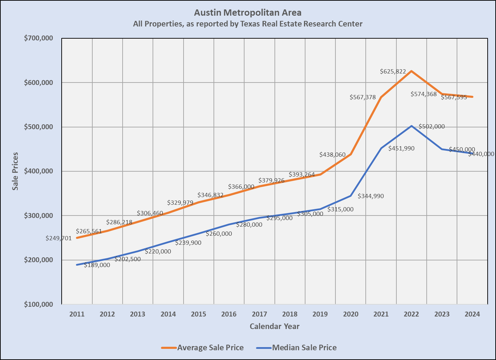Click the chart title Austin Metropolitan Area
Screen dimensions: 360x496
click(x=248, y=13)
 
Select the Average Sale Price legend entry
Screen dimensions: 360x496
click(x=210, y=347)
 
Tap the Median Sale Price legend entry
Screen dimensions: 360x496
click(x=304, y=347)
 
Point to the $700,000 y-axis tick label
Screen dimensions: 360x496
click(x=38, y=38)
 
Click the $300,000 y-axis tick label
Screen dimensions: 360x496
click(x=38, y=216)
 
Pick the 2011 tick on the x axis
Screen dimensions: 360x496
click(x=77, y=314)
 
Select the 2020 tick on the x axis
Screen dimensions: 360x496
click(x=351, y=314)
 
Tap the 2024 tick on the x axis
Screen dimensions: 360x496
click(x=472, y=314)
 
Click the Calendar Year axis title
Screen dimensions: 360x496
click(x=274, y=327)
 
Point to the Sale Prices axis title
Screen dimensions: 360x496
click(x=15, y=171)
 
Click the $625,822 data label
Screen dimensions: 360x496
click(x=393, y=72)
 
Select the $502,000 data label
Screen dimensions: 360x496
click(x=432, y=127)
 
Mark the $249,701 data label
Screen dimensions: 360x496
click(x=59, y=238)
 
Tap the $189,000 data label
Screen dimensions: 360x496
click(x=97, y=265)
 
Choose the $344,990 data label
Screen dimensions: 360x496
click(x=371, y=196)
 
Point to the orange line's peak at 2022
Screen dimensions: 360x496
click(x=412, y=71)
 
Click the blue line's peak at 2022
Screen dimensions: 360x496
click(x=412, y=126)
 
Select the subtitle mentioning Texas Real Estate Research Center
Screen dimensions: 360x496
click(x=248, y=24)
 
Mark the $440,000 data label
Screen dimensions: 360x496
click(x=481, y=154)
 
